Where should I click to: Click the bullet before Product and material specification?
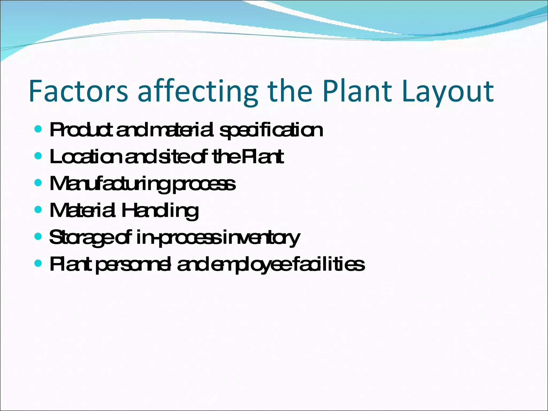pos(38,129)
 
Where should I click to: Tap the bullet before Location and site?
pos(38,156)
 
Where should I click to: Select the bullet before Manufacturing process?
pos(38,183)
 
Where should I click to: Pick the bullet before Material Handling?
pos(38,210)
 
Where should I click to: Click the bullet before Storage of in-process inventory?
pos(38,237)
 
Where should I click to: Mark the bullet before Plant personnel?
pos(38,264)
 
